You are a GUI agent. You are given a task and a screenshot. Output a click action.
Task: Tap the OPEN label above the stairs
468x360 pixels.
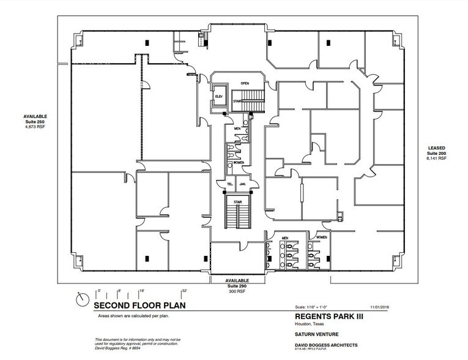click(244, 83)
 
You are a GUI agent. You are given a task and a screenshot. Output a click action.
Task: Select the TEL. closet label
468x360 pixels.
click(230, 183)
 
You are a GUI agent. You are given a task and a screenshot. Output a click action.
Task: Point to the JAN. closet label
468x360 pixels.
click(242, 183)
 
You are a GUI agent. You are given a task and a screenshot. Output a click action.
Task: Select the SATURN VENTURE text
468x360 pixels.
click(310, 334)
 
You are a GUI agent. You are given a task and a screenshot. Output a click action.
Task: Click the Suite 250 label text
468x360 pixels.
click(35, 121)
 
